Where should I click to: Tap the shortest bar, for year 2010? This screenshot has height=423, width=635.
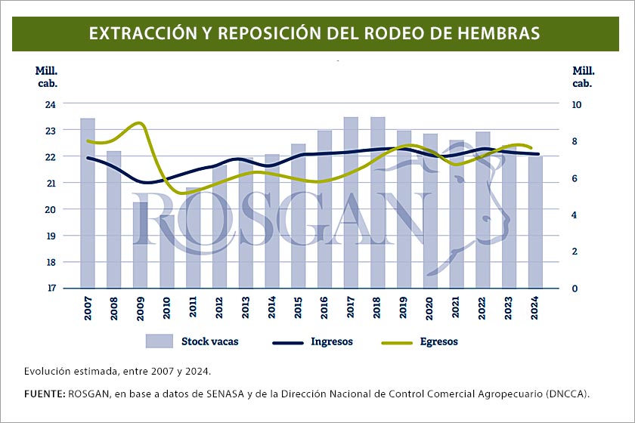coord(167,251)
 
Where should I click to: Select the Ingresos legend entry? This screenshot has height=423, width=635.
coord(311,341)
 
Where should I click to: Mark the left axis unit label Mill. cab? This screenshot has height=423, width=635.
coord(47,76)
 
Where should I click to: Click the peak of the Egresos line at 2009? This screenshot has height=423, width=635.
coord(138,122)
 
